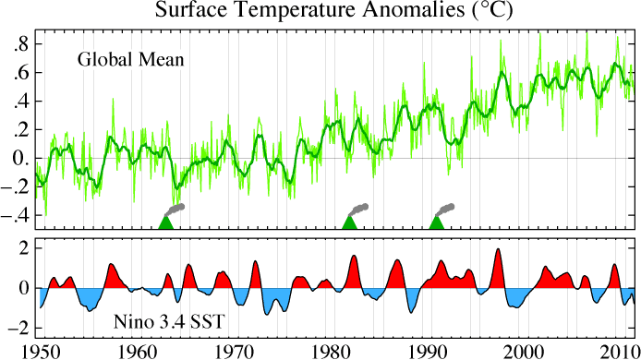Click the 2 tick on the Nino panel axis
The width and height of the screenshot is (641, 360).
(26, 246)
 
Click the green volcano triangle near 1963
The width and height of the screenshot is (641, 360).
(165, 222)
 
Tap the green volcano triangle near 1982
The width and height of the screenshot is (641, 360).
(349, 222)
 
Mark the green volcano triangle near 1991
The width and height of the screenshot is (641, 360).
(437, 222)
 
